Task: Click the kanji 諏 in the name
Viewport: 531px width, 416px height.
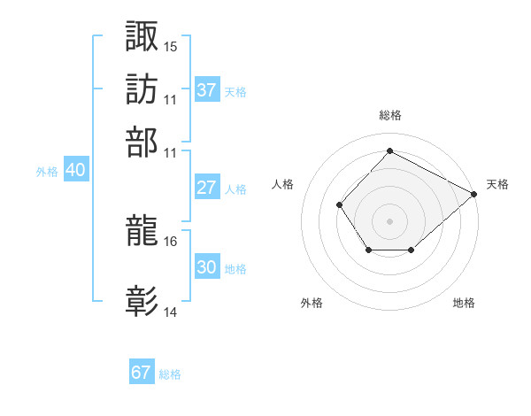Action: coord(142,36)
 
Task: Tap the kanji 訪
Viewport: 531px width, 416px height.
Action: coord(142,89)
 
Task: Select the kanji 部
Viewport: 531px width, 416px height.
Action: coord(142,143)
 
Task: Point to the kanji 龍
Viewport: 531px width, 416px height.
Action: coord(142,230)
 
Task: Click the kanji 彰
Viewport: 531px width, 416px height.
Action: coord(142,301)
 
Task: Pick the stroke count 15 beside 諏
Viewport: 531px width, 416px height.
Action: coord(170,47)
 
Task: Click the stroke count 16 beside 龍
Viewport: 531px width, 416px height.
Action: coord(170,242)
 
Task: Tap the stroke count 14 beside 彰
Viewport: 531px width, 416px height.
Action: coord(170,312)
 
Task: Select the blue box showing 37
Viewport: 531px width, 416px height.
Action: coord(207,89)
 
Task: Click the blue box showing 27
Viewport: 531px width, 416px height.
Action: coord(207,187)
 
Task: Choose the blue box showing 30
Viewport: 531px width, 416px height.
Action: coord(207,266)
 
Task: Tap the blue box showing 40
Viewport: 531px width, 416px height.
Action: coord(76,169)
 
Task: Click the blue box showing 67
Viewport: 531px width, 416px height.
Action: coord(142,371)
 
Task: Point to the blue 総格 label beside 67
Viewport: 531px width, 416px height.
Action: coord(170,374)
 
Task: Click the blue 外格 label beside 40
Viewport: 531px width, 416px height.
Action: coord(47,172)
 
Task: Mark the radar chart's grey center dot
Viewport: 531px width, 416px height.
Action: coord(389,221)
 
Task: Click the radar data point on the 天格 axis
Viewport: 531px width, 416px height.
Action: coord(473,194)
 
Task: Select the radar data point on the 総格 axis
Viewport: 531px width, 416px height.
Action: coord(389,150)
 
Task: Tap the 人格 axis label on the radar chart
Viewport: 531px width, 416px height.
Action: coord(282,184)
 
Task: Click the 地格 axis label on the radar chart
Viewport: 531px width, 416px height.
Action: coord(464,303)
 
